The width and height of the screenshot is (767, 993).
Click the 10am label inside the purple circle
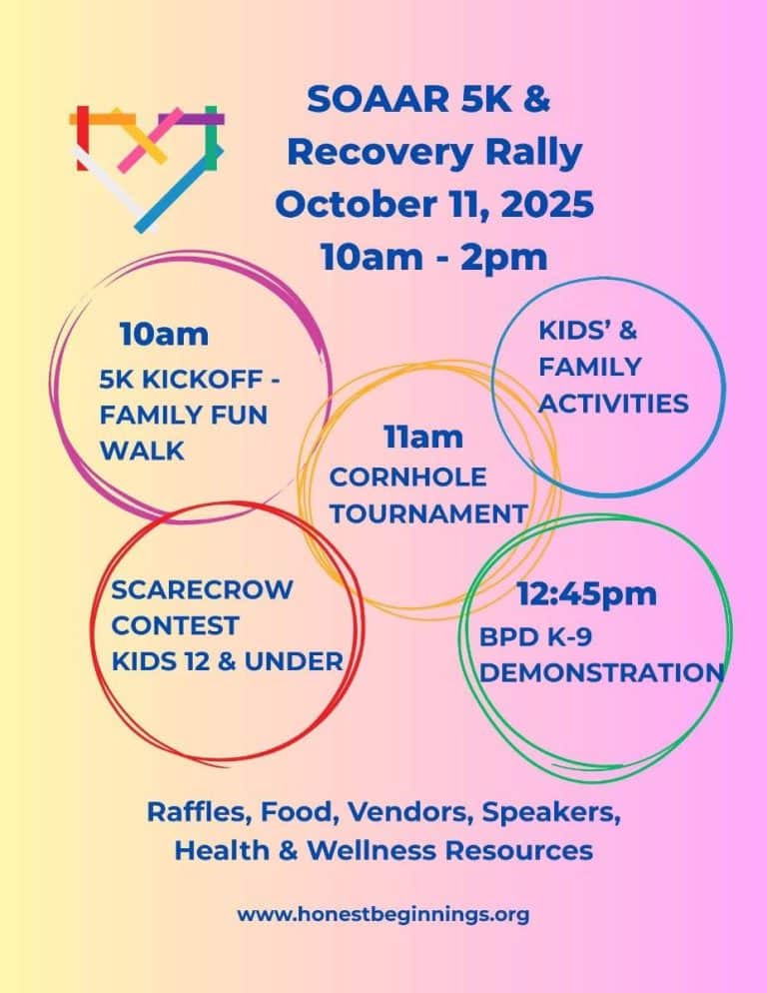164,335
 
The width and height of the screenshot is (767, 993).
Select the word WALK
142,451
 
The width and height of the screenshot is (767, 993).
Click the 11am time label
423,437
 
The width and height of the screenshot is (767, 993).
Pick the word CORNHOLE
407,477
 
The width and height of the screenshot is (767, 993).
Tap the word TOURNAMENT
428,513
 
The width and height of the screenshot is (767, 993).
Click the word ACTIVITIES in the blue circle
614,404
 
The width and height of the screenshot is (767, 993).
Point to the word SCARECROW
202,589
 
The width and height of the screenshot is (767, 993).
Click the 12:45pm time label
587,593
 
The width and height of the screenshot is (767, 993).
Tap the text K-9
570,636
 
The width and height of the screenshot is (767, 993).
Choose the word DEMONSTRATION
601,672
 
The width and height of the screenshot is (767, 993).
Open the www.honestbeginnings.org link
383,914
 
